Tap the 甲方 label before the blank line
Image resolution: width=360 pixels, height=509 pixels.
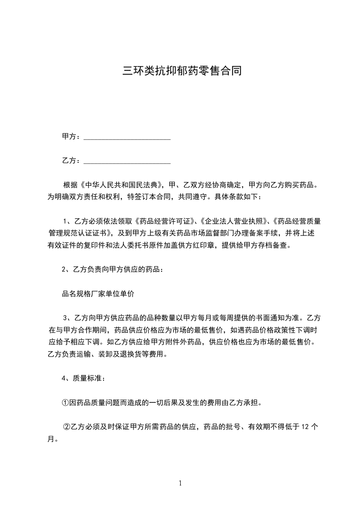pyautogui.click(x=69, y=136)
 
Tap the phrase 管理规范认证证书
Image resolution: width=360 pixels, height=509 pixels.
pyautogui.click(x=77, y=234)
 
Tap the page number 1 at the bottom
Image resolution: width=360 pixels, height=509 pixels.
pyautogui.click(x=180, y=483)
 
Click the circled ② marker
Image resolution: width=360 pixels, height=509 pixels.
pyautogui.click(x=67, y=427)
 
